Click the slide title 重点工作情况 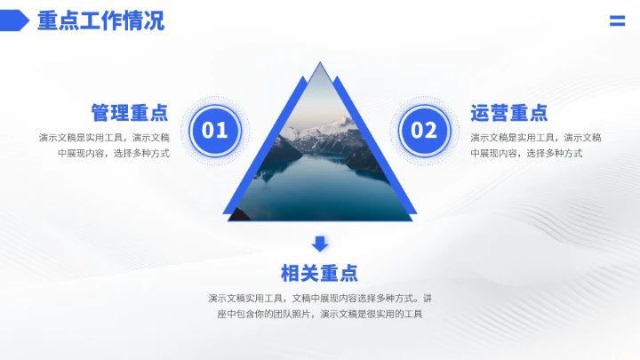pyautogui.click(x=100, y=20)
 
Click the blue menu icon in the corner pyautogui.click(x=617, y=21)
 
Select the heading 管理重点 pyautogui.click(x=130, y=113)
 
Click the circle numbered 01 pyautogui.click(x=215, y=132)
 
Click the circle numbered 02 pyautogui.click(x=424, y=132)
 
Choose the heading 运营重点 pyautogui.click(x=509, y=113)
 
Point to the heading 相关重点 pyautogui.click(x=319, y=273)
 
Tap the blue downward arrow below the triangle pyautogui.click(x=320, y=243)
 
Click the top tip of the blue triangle pyautogui.click(x=320, y=65)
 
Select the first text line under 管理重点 pyautogui.click(x=104, y=137)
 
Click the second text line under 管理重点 pyautogui.click(x=113, y=153)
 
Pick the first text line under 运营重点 pyautogui.click(x=536, y=137)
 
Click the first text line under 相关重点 pyautogui.click(x=320, y=298)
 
